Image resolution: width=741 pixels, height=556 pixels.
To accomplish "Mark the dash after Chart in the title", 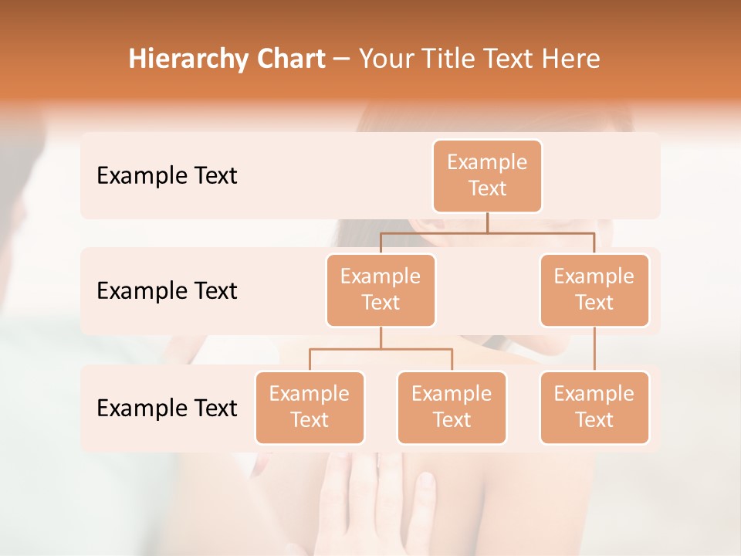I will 341,60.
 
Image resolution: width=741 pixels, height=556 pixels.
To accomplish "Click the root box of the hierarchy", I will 487,175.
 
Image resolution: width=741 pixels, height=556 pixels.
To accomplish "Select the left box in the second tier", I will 381,290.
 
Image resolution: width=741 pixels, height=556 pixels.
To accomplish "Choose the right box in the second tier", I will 594,290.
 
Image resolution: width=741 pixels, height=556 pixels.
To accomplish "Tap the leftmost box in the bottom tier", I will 310,407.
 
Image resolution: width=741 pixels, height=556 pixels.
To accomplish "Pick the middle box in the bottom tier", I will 452,407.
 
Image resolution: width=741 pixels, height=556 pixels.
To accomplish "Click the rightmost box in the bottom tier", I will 594,407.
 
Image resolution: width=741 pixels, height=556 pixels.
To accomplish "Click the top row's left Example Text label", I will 167,176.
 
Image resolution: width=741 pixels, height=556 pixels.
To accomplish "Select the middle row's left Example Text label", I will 167,291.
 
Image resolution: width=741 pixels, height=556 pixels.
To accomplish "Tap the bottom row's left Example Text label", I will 167,408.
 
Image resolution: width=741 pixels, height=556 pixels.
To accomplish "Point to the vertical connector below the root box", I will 487,222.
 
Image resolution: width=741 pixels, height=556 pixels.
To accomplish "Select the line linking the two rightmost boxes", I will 594,349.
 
